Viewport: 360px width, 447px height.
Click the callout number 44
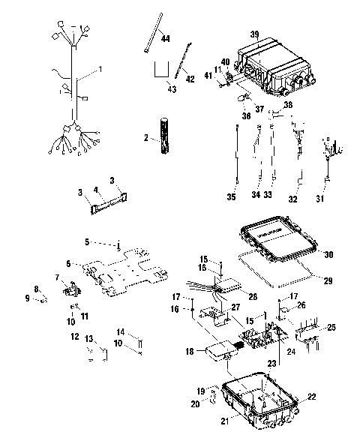(x=165, y=38)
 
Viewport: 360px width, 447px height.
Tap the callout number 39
(x=254, y=35)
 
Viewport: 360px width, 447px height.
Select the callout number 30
(x=328, y=253)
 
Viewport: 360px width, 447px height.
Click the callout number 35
(x=232, y=197)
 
